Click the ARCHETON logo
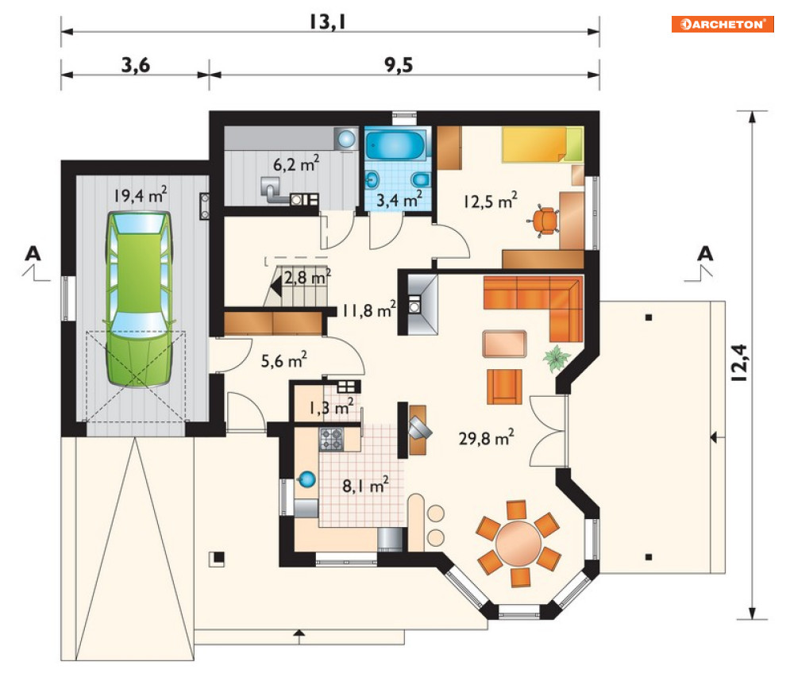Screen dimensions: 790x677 722,24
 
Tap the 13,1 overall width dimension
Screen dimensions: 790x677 327,21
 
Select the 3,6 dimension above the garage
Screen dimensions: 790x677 136,65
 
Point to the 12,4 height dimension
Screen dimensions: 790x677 739,362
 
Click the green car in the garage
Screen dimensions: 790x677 139,299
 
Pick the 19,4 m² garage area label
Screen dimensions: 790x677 140,195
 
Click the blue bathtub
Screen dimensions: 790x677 395,145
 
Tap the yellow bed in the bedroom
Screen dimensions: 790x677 542,144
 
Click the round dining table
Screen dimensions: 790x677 518,544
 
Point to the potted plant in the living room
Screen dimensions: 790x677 557,358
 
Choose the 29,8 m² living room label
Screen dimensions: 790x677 486,437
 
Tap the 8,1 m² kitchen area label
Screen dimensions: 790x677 365,485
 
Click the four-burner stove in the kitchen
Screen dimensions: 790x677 331,439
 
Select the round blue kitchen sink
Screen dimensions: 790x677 306,479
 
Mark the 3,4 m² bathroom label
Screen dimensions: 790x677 399,199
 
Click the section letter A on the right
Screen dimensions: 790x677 705,253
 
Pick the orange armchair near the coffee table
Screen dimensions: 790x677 504,387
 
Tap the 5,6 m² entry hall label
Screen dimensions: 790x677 283,360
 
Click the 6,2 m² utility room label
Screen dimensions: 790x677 295,163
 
